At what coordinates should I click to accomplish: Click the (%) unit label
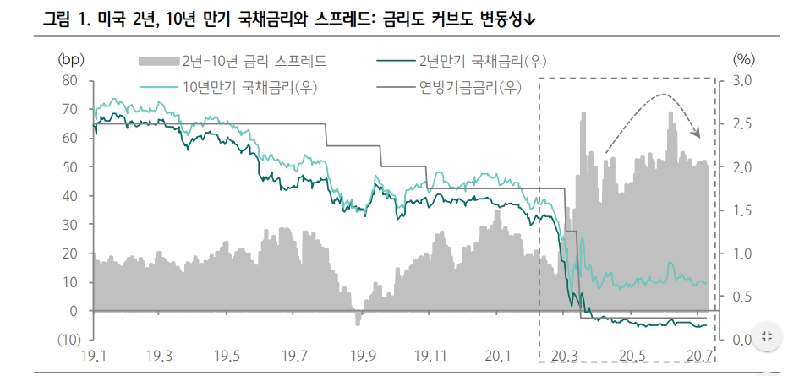pyautogui.click(x=742, y=60)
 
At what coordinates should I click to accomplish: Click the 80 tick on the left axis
pyautogui.click(x=71, y=81)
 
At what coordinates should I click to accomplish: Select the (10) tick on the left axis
pyautogui.click(x=68, y=340)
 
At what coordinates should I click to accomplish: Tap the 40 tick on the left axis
pyautogui.click(x=71, y=196)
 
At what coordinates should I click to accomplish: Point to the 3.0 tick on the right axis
pyautogui.click(x=741, y=81)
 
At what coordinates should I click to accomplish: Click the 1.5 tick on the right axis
pyautogui.click(x=741, y=210)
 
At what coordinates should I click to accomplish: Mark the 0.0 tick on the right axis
pyautogui.click(x=741, y=340)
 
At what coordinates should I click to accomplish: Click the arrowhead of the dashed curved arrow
pyautogui.click(x=698, y=133)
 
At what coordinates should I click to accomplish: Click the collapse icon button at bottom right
pyautogui.click(x=766, y=335)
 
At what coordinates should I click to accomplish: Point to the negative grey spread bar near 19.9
pyautogui.click(x=358, y=319)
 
